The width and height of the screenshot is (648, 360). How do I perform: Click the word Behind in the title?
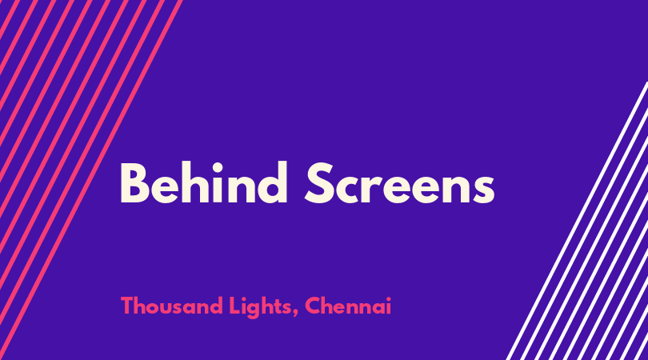click(204, 182)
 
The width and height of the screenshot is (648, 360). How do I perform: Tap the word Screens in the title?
click(400, 183)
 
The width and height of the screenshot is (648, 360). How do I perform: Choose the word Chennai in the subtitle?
click(348, 306)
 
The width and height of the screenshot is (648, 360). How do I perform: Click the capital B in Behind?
click(134, 183)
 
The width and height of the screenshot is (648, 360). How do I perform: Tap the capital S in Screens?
click(319, 183)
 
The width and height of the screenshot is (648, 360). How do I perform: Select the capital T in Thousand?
click(127, 306)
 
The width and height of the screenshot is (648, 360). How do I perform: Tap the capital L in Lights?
click(234, 306)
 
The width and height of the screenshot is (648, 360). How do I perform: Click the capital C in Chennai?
click(313, 306)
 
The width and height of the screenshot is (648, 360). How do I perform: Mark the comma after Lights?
click(295, 314)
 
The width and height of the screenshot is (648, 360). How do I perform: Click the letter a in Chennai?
click(378, 308)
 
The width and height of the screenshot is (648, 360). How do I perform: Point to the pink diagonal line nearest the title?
click(91, 180)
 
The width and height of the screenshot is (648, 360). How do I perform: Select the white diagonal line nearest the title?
click(577, 221)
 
